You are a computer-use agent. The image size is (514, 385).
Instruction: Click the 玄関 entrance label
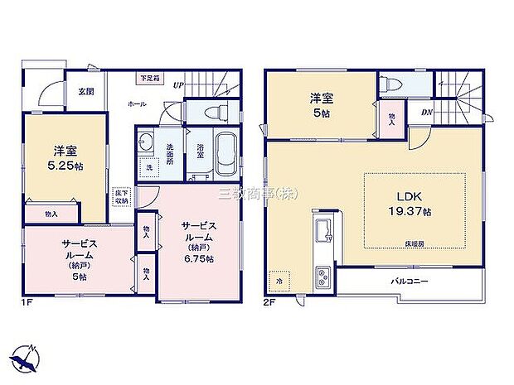(85, 92)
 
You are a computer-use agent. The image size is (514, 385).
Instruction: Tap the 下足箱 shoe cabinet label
(150, 78)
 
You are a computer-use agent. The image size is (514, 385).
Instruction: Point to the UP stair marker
(178, 84)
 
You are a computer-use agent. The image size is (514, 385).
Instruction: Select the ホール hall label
(136, 104)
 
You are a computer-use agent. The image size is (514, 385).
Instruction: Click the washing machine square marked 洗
(150, 166)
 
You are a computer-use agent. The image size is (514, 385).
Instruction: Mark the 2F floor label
(270, 303)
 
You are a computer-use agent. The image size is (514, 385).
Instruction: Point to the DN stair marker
(426, 113)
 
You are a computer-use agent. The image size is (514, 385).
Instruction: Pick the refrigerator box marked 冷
(279, 281)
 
